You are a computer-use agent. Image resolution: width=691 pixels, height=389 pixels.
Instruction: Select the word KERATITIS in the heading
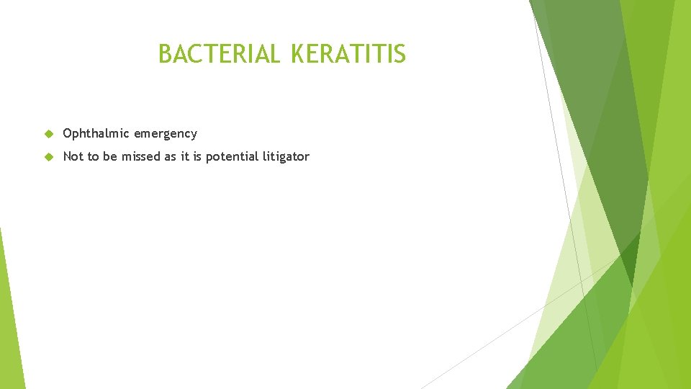click(349, 54)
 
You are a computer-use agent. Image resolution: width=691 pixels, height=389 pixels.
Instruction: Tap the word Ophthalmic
click(95, 133)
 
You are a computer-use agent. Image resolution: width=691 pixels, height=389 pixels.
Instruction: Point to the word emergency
click(165, 134)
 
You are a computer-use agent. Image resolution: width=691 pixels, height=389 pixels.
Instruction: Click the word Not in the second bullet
click(73, 156)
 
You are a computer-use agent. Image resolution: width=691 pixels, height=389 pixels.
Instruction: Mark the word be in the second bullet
click(109, 156)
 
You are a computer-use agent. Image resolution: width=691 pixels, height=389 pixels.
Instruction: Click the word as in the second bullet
click(170, 156)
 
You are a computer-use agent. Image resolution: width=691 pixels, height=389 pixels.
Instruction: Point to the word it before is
click(185, 156)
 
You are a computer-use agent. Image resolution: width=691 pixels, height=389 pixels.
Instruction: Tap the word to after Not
click(91, 156)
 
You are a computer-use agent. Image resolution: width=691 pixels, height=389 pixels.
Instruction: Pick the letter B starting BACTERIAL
click(165, 54)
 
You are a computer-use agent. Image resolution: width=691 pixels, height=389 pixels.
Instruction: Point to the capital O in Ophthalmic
click(68, 133)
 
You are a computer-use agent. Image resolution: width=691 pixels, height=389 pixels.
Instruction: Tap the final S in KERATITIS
click(399, 54)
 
